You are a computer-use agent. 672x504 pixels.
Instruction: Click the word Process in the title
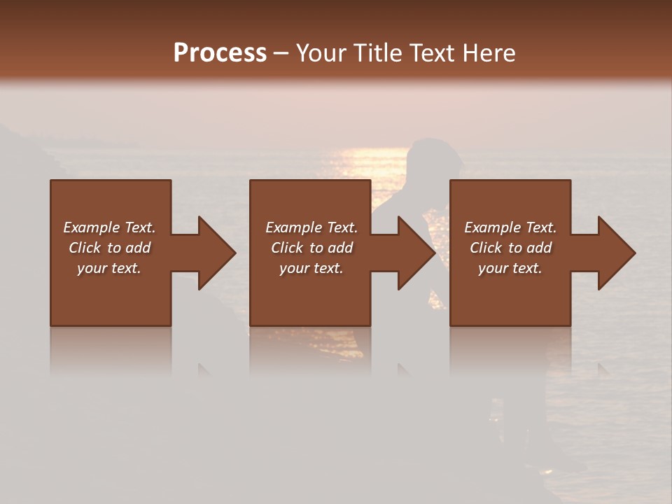(x=220, y=52)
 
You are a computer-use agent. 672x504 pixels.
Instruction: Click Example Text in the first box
(x=109, y=227)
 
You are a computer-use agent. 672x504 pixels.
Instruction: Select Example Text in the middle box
(x=311, y=227)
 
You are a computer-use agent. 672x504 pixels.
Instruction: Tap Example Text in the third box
(x=510, y=227)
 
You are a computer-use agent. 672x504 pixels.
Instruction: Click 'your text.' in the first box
(x=109, y=268)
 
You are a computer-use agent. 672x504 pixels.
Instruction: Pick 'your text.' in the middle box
(x=311, y=268)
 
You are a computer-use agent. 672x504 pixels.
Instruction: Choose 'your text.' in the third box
(x=510, y=268)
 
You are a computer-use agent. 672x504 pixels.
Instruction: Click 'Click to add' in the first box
(x=109, y=248)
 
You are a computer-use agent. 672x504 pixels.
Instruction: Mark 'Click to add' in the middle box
(x=311, y=248)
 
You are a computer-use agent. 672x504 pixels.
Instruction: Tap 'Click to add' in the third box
(x=510, y=248)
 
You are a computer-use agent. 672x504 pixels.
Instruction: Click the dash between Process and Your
(x=281, y=54)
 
